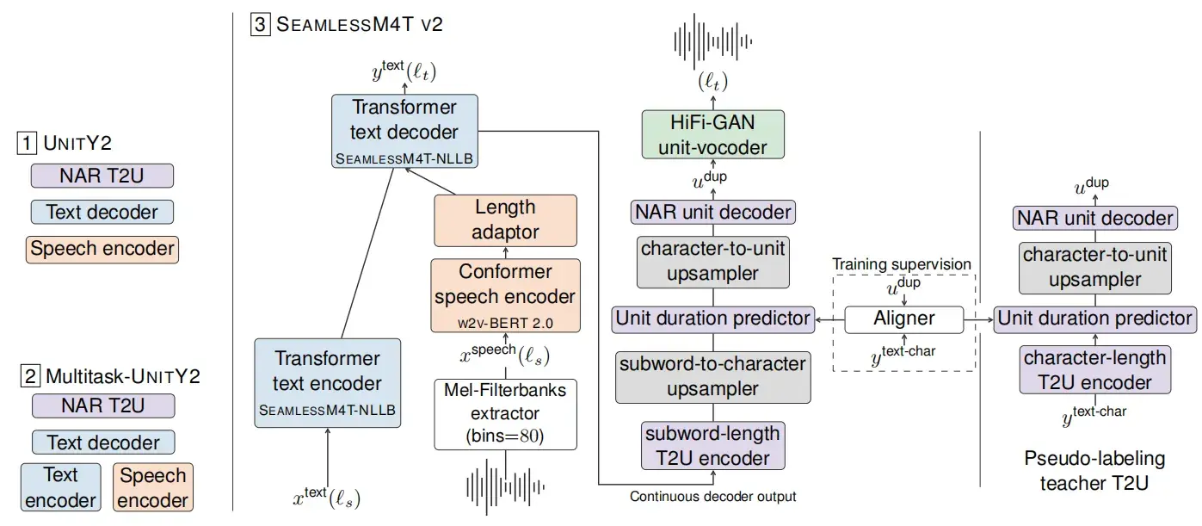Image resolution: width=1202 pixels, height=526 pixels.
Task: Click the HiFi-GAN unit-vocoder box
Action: pyautogui.click(x=712, y=134)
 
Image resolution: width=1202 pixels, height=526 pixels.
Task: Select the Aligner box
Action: pyautogui.click(x=903, y=319)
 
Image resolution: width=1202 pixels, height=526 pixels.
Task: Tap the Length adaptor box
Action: pyautogui.click(x=504, y=219)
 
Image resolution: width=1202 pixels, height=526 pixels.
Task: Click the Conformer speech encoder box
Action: pyautogui.click(x=504, y=296)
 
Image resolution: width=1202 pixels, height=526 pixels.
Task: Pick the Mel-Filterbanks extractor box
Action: pyautogui.click(x=504, y=413)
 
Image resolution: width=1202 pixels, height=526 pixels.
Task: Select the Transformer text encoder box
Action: pyautogui.click(x=327, y=383)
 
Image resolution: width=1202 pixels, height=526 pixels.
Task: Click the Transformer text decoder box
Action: pyautogui.click(x=404, y=131)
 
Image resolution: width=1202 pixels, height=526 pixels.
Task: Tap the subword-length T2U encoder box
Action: pyautogui.click(x=712, y=445)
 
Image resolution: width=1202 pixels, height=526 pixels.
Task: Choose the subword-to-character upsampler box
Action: pyautogui.click(x=712, y=377)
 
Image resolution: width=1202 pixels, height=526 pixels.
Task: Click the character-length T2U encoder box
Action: pyautogui.click(x=1094, y=370)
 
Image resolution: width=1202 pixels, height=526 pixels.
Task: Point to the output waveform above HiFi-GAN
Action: pyautogui.click(x=712, y=40)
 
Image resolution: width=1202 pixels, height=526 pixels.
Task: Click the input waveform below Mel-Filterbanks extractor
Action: pyautogui.click(x=505, y=486)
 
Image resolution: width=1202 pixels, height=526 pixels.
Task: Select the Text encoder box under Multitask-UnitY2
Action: pyautogui.click(x=60, y=487)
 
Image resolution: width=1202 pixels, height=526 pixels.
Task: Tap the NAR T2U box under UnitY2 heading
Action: pyautogui.click(x=102, y=176)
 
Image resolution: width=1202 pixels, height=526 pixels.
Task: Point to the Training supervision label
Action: pyautogui.click(x=902, y=264)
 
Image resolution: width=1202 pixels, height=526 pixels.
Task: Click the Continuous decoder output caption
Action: pyautogui.click(x=712, y=497)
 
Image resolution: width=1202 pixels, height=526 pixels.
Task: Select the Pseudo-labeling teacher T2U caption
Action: pyautogui.click(x=1094, y=471)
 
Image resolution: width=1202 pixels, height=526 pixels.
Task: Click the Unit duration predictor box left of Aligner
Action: pyautogui.click(x=712, y=319)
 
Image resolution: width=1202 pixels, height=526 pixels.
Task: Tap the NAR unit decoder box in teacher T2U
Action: pyautogui.click(x=1094, y=218)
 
